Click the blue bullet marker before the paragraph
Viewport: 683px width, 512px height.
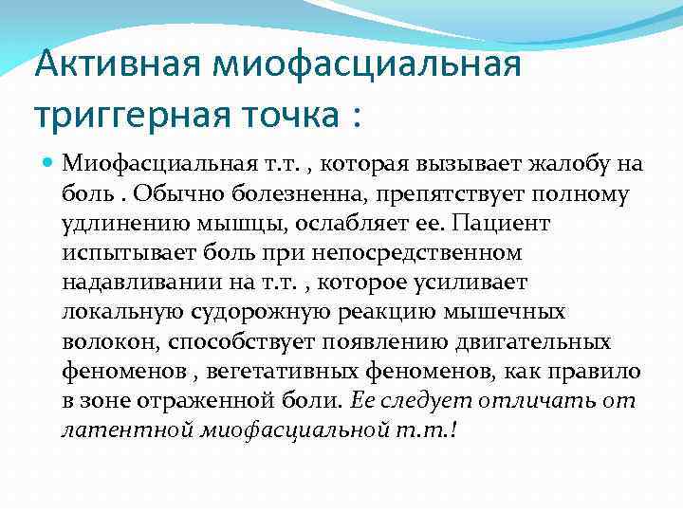point(49,165)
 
